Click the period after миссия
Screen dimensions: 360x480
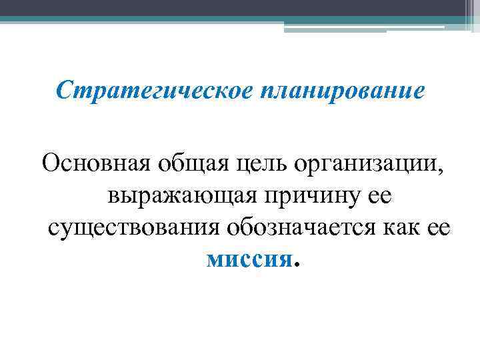[297, 265]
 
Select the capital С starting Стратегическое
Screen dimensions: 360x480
[65, 90]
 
